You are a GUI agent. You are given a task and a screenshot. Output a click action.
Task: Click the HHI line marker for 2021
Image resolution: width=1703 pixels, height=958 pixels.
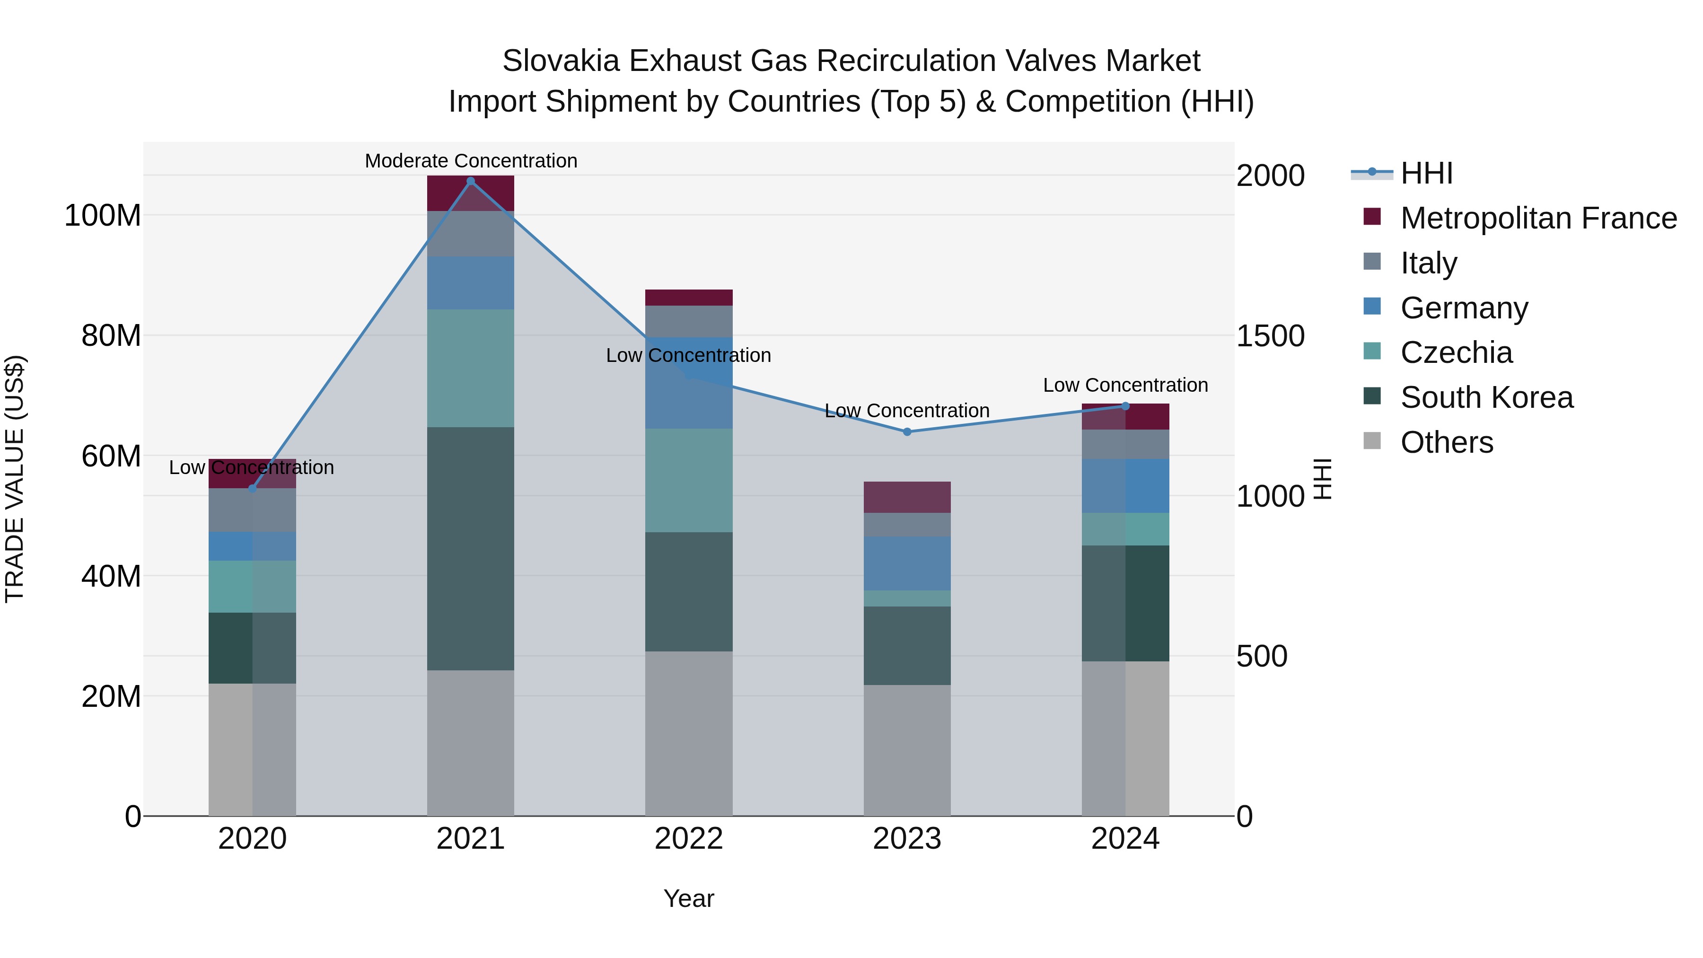(x=471, y=181)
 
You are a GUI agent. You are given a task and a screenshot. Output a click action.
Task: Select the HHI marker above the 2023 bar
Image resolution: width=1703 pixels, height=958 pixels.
(x=907, y=432)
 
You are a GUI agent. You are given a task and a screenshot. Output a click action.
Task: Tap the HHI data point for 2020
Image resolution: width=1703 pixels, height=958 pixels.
(x=253, y=489)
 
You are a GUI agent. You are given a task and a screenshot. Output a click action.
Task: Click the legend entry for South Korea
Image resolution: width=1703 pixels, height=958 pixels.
(x=1486, y=397)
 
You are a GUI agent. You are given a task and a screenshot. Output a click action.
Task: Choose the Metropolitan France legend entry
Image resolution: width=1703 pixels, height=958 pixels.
(x=1538, y=218)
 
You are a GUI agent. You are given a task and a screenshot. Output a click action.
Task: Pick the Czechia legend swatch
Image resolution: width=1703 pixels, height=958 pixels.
(x=1372, y=352)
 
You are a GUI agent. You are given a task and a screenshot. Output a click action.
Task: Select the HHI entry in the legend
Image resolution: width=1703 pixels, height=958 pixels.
(x=1426, y=173)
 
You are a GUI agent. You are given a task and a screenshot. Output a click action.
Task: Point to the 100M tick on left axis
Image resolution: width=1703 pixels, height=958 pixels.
(x=103, y=216)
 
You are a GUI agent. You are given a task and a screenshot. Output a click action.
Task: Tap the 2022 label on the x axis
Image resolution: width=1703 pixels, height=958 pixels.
(x=689, y=838)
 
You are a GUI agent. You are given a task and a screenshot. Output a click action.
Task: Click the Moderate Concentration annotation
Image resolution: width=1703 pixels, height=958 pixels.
(x=471, y=161)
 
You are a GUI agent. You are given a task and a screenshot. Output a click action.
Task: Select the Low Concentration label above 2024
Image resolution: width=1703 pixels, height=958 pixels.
(x=1125, y=385)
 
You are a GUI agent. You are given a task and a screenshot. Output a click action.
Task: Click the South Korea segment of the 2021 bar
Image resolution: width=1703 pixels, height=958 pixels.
(x=471, y=549)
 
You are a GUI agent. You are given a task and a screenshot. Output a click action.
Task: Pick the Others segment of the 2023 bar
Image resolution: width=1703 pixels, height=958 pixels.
(x=907, y=750)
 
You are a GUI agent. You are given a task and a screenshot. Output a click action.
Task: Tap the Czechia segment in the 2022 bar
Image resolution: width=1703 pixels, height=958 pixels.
(x=689, y=481)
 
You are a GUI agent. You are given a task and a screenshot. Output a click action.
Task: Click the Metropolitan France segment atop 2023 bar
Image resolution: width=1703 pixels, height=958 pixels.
(x=907, y=497)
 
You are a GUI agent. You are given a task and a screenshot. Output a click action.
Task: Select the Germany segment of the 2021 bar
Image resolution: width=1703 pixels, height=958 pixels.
(x=471, y=283)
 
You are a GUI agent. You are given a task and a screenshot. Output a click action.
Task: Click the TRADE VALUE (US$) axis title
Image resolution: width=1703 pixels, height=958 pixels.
(x=15, y=479)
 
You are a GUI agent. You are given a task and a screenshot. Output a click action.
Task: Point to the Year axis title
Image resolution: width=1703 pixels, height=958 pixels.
(x=689, y=898)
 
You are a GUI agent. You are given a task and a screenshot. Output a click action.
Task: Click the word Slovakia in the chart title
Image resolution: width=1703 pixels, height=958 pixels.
(x=561, y=61)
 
